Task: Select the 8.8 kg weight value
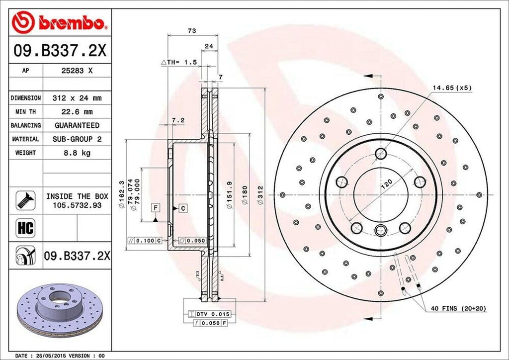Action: click(x=77, y=153)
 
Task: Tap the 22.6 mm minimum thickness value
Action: click(x=77, y=112)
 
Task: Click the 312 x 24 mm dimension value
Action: click(x=77, y=98)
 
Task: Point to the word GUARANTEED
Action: click(x=77, y=125)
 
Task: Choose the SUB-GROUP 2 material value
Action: click(x=77, y=139)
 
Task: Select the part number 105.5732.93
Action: click(x=77, y=205)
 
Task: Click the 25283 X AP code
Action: click(x=77, y=71)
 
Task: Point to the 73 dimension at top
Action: click(x=192, y=31)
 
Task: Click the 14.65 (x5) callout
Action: click(x=451, y=88)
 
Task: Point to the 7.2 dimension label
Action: click(x=178, y=120)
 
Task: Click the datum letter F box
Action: click(x=155, y=207)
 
